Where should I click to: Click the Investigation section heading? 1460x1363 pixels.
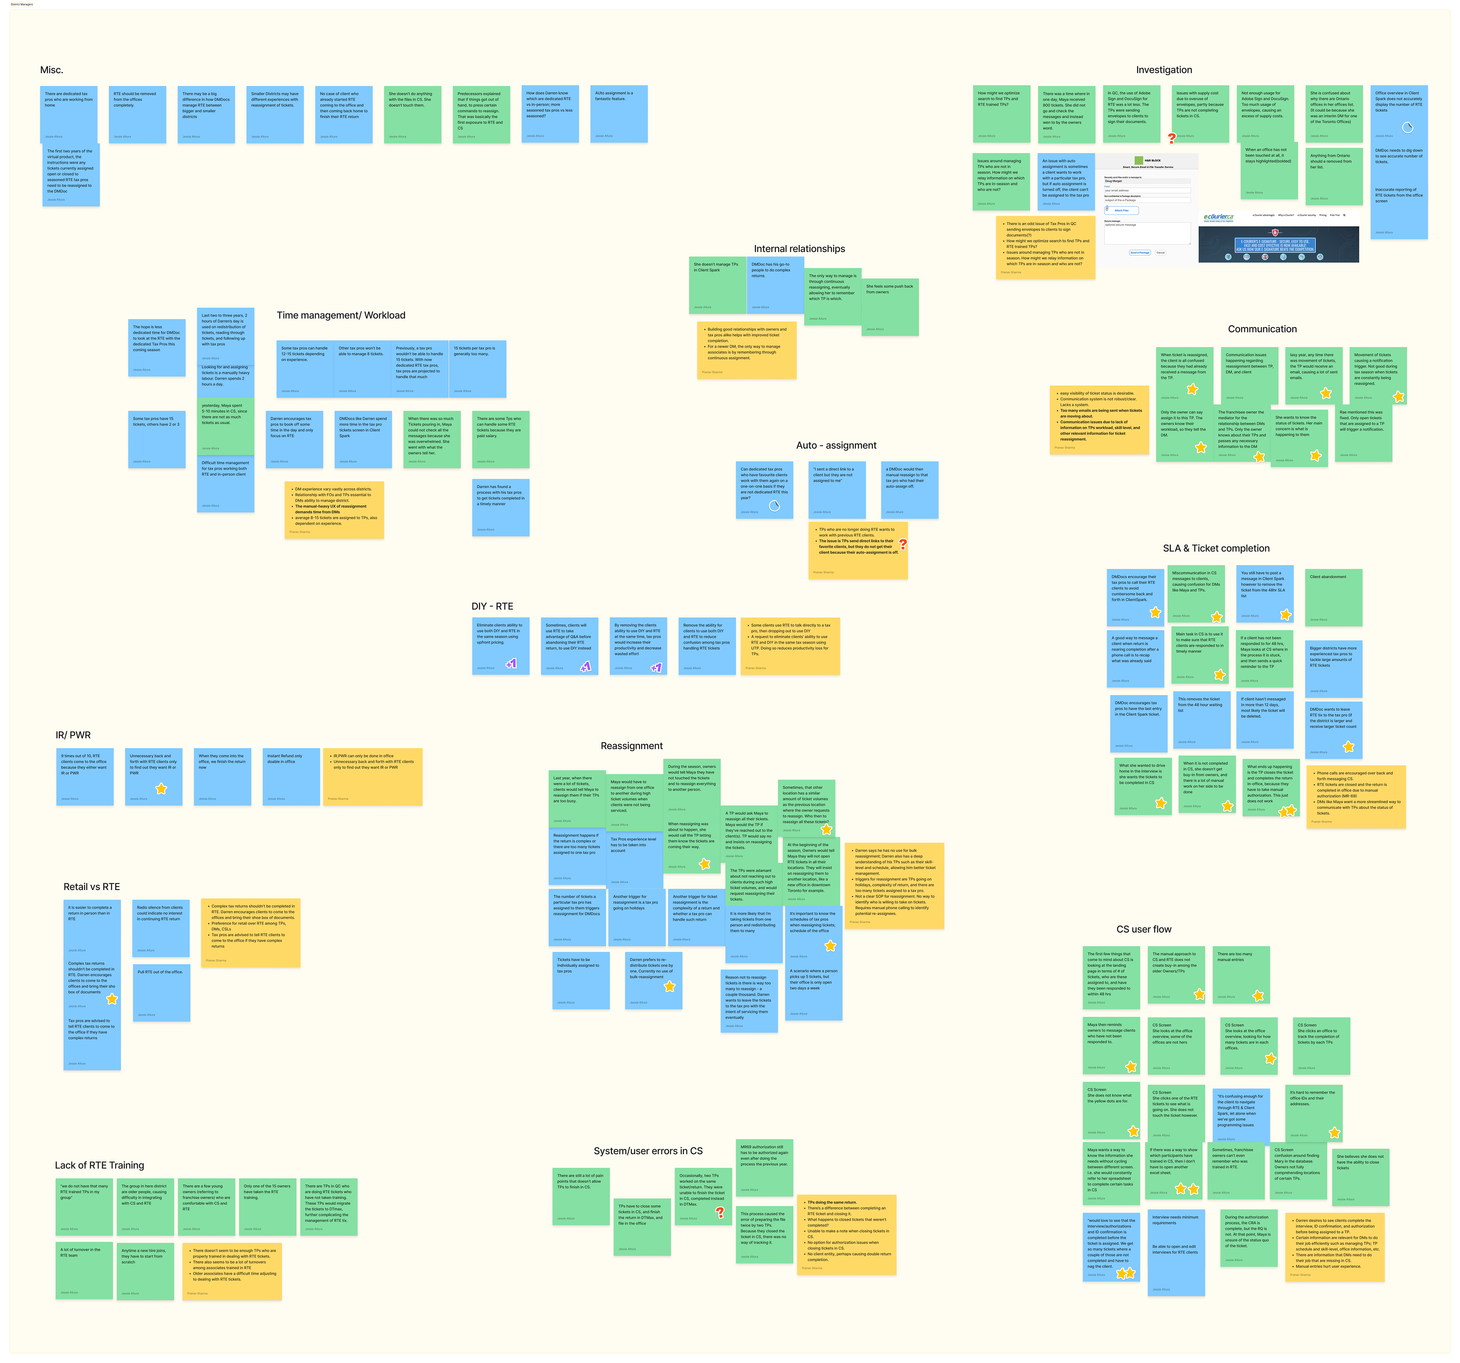click(x=1163, y=70)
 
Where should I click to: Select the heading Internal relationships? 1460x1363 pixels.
click(x=799, y=249)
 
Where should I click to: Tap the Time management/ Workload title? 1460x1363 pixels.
click(x=341, y=315)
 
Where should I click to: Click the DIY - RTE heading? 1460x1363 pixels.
click(x=492, y=606)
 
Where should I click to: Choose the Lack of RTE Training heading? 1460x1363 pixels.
click(x=99, y=1165)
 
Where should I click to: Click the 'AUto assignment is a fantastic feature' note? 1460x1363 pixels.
click(x=618, y=114)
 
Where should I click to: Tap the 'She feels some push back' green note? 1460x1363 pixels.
click(x=889, y=307)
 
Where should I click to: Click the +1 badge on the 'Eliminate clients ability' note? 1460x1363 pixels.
click(x=511, y=664)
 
